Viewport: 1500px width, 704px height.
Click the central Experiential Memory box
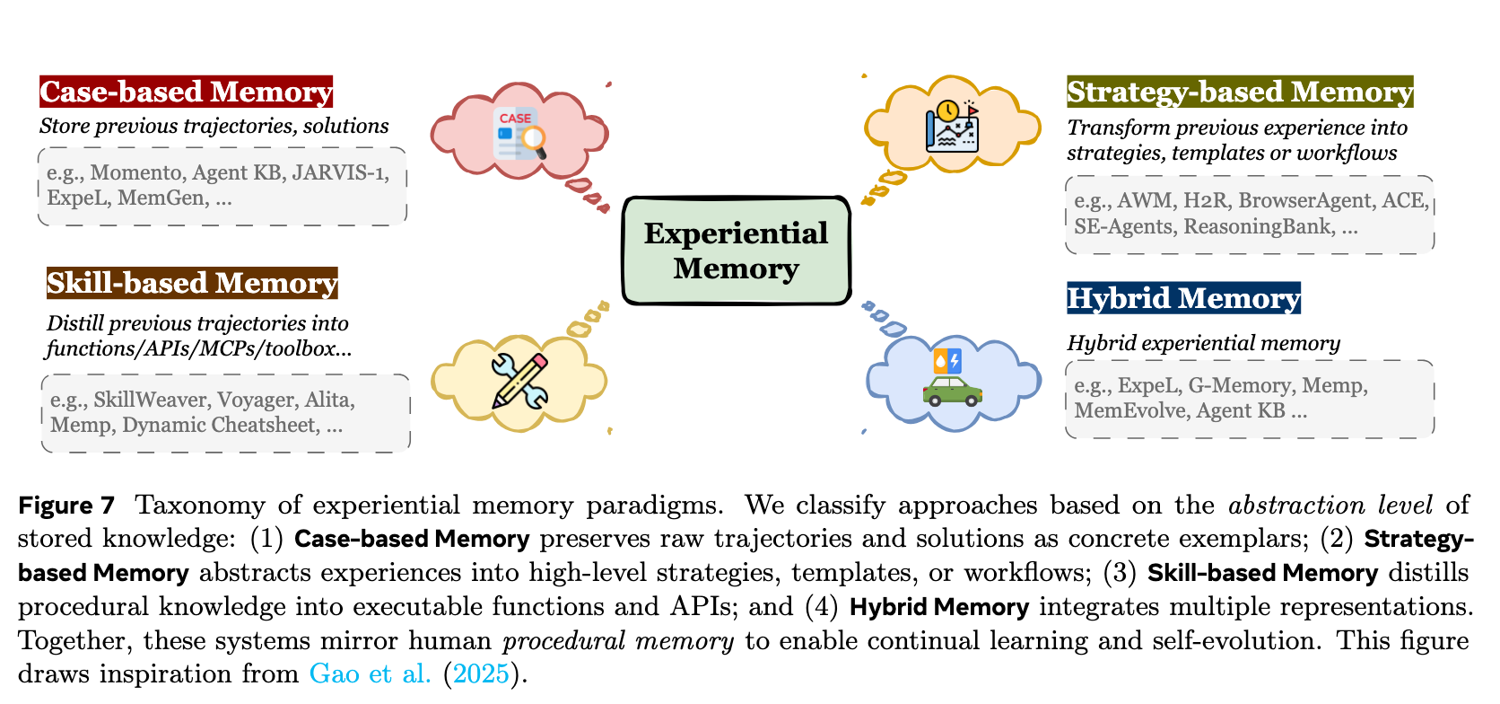click(x=736, y=251)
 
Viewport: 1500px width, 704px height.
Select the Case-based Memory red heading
click(x=186, y=92)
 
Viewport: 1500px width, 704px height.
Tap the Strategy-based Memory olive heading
click(x=1239, y=92)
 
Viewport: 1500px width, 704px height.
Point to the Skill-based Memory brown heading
click(x=192, y=283)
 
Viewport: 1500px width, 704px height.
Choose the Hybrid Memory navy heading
click(x=1182, y=298)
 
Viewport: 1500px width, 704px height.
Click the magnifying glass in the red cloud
click(x=535, y=140)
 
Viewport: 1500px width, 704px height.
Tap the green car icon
click(x=952, y=391)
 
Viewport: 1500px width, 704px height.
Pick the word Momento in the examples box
click(x=135, y=172)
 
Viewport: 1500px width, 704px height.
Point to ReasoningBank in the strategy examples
click(x=1257, y=226)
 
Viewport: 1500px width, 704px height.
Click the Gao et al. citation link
click(x=370, y=673)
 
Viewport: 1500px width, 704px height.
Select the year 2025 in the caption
click(x=481, y=673)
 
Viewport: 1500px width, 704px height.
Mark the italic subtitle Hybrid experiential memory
click(x=1203, y=343)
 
